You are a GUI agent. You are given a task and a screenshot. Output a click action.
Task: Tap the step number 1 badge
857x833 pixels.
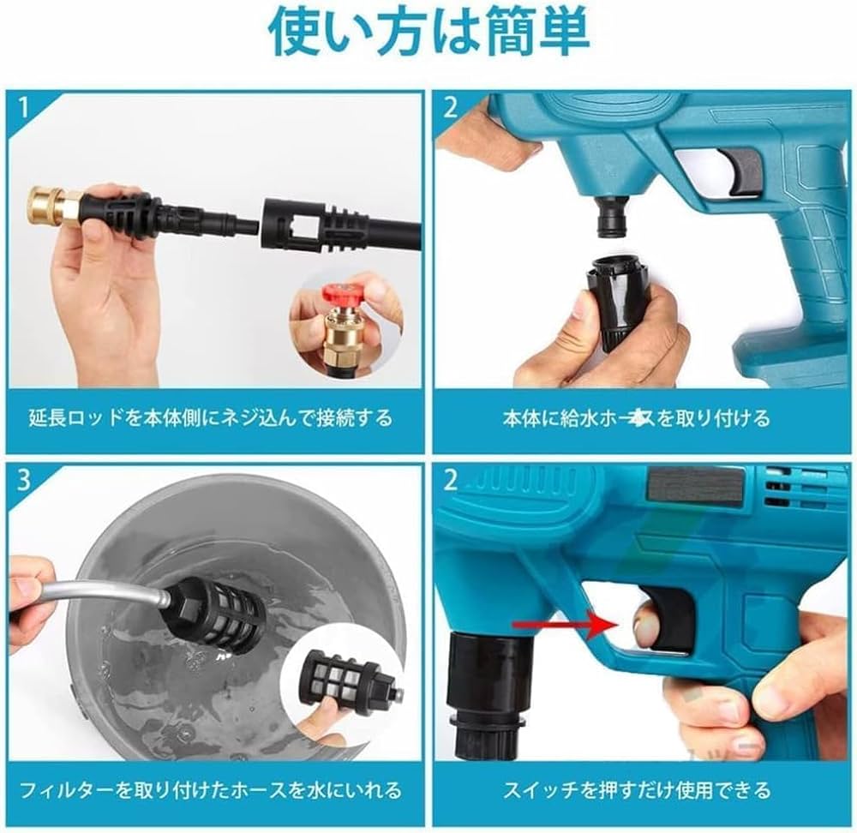[24, 108]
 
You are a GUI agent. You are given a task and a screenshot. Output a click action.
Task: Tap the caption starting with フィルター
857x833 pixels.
[210, 789]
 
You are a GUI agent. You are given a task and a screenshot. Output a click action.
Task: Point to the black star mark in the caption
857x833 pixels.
[635, 418]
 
